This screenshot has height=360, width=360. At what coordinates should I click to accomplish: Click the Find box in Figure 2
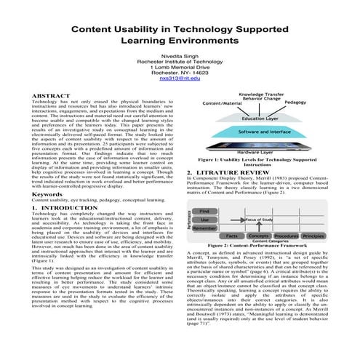(x=204, y=211)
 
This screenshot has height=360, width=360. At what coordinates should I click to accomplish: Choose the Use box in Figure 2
(x=204, y=219)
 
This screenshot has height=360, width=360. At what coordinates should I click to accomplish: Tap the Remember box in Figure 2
(x=204, y=227)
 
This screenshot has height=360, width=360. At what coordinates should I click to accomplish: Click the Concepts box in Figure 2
(x=258, y=236)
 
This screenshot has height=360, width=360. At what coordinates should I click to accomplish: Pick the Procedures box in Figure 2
(x=286, y=236)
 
